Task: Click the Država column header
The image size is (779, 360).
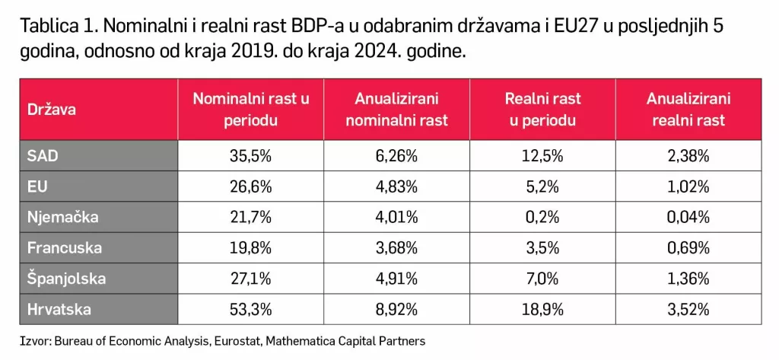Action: (52, 110)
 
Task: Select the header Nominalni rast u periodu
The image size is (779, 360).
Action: (251, 110)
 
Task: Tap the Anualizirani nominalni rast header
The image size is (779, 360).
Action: (397, 110)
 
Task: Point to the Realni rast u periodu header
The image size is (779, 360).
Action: (542, 110)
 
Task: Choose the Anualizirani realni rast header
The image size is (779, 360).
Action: (688, 110)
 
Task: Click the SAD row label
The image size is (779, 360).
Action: (43, 156)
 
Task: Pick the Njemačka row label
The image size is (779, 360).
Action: (63, 217)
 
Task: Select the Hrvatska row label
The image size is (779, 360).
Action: (59, 309)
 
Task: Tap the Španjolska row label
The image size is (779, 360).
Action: (66, 279)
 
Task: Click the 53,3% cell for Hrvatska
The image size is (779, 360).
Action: (251, 309)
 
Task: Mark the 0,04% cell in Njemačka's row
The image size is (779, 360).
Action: (688, 217)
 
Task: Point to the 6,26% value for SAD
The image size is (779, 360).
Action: (397, 156)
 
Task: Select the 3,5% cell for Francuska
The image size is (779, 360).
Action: (542, 248)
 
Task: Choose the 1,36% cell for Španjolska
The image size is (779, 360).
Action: (688, 279)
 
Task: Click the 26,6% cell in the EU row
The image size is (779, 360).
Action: (251, 186)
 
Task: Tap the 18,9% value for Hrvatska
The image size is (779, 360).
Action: (542, 309)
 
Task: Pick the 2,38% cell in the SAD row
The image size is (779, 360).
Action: (688, 156)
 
